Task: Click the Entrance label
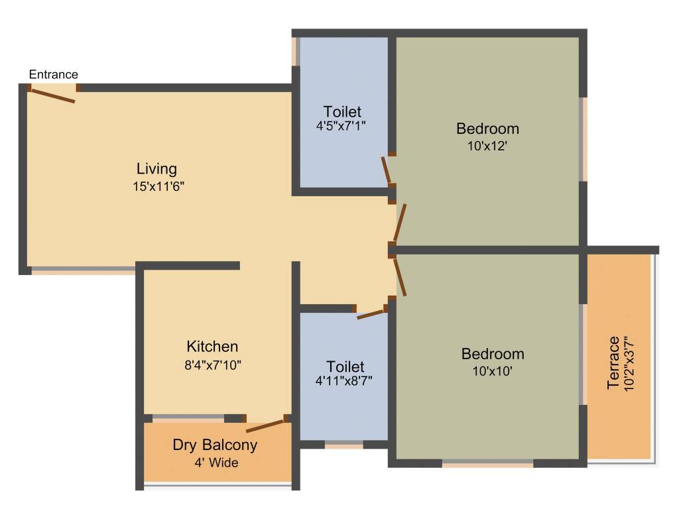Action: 53,74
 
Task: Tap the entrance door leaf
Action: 52,96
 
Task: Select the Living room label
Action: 156,168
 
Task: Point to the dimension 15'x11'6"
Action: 158,187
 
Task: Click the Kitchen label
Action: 212,346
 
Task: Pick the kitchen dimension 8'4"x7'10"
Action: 212,364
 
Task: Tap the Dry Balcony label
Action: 215,445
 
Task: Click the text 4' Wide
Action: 216,463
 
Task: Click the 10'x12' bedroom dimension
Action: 487,146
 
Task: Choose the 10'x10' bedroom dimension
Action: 493,372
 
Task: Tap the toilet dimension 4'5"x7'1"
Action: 342,124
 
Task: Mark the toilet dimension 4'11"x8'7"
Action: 345,381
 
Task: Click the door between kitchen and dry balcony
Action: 265,425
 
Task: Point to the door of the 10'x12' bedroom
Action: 400,223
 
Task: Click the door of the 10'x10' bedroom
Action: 400,276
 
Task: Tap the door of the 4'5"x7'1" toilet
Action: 387,170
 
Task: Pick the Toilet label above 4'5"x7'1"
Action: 342,111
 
